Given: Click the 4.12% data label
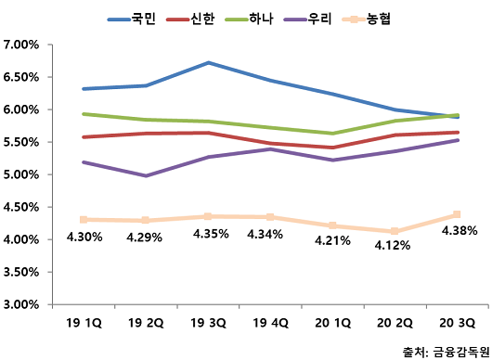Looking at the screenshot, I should pyautogui.click(x=394, y=247).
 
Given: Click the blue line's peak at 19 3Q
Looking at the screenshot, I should pyautogui.click(x=208, y=63).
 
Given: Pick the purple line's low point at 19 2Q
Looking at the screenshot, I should pyautogui.click(x=146, y=175).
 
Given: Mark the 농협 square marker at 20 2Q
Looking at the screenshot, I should pyautogui.click(x=395, y=231).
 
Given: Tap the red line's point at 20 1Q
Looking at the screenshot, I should pyautogui.click(x=332, y=148).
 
